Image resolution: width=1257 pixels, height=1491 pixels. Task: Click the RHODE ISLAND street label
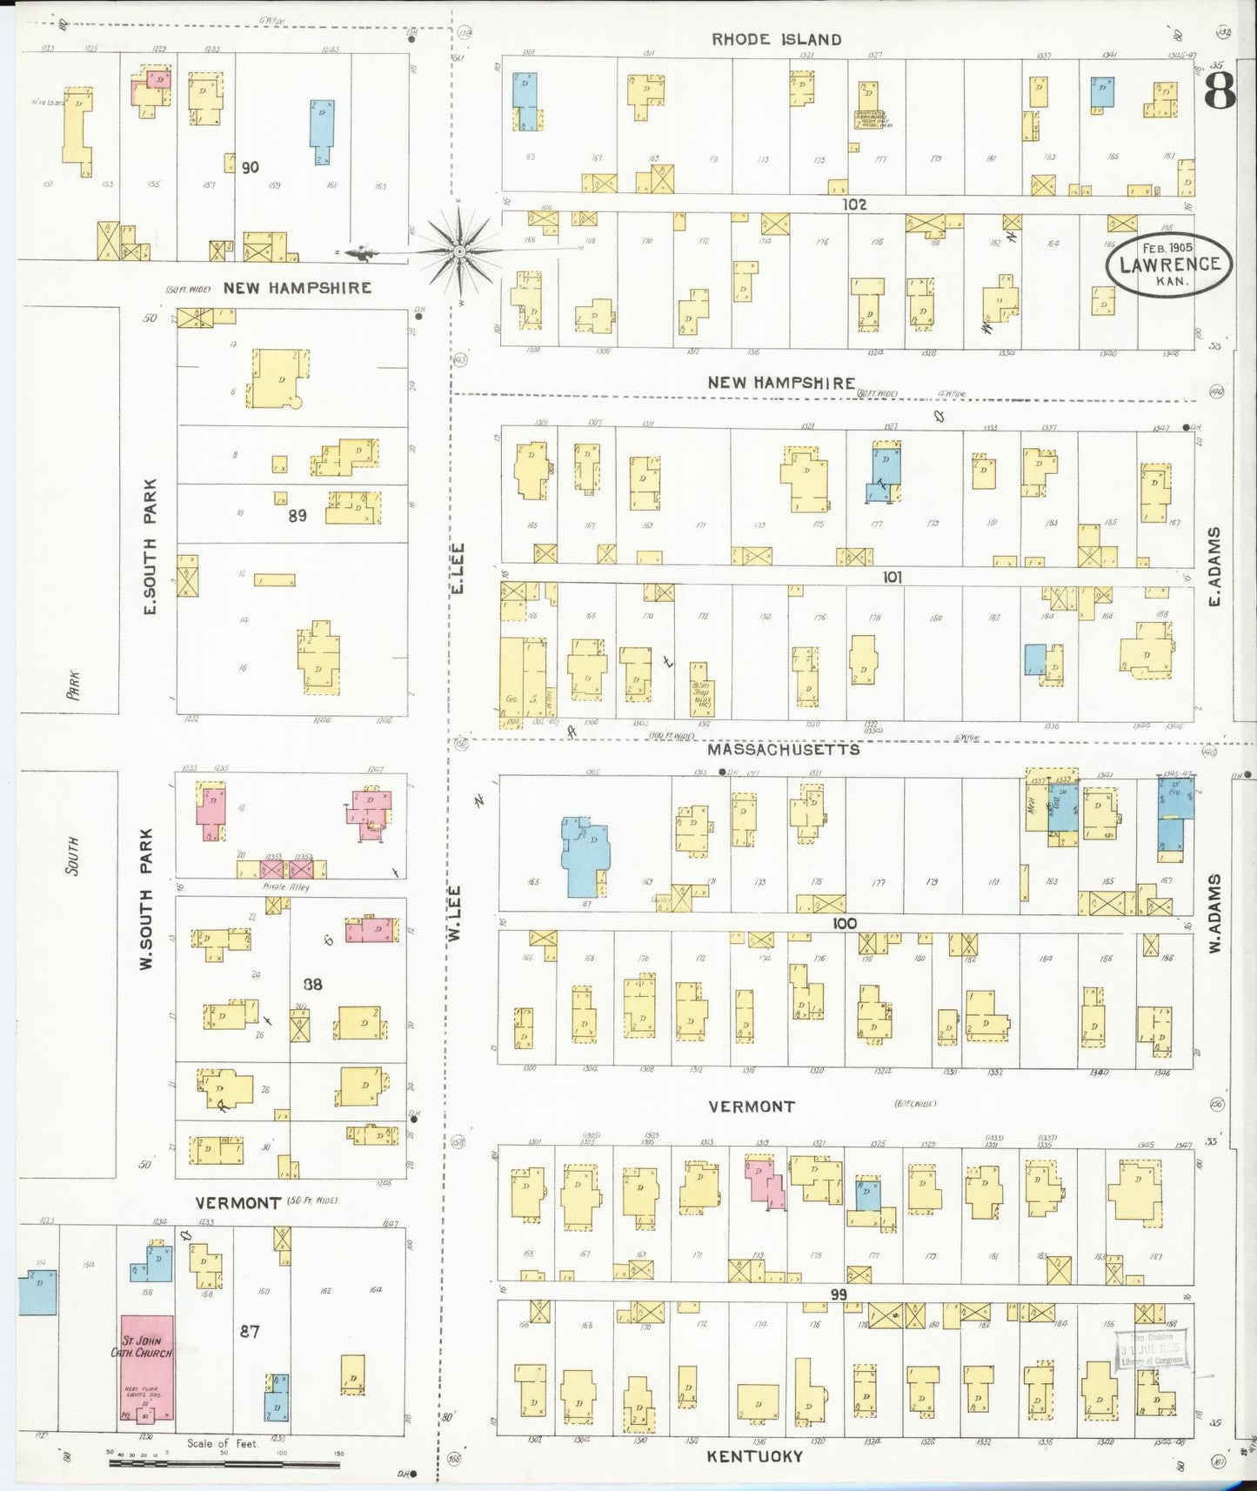click(x=776, y=39)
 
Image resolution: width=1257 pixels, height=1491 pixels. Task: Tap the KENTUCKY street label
click(x=754, y=1456)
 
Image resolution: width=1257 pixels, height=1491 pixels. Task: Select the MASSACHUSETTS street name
click(x=783, y=749)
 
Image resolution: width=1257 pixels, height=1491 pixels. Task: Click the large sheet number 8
click(x=1220, y=90)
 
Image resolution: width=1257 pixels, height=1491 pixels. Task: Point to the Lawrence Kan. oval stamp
click(x=1168, y=264)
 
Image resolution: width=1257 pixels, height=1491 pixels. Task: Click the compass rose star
click(x=459, y=251)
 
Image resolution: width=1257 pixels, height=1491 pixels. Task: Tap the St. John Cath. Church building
click(x=146, y=1367)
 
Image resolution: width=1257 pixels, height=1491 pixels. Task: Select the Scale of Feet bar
click(x=224, y=1463)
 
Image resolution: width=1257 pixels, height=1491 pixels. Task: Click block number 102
click(x=853, y=204)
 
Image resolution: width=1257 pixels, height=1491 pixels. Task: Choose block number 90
click(x=250, y=167)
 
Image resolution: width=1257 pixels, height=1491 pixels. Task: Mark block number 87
click(x=250, y=1331)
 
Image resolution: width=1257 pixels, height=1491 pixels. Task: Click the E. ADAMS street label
click(x=1215, y=566)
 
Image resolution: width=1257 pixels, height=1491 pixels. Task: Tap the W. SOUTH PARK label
click(x=146, y=899)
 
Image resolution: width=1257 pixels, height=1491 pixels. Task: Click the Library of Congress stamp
click(x=1152, y=1349)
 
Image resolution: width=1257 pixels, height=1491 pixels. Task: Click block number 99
click(x=837, y=1294)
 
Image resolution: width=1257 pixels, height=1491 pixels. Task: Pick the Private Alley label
click(x=286, y=887)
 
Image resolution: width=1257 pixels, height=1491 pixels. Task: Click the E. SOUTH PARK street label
click(x=150, y=546)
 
